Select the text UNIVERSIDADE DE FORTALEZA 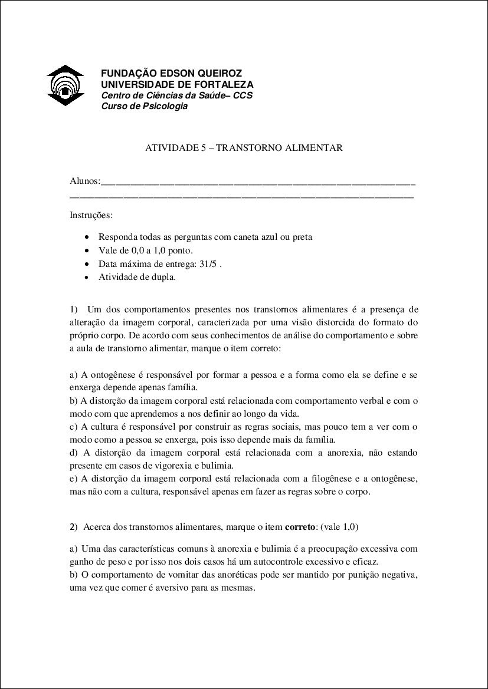click(177, 84)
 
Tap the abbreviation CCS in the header click(243, 95)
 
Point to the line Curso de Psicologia click(145, 106)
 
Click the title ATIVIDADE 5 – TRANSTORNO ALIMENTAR click(244, 147)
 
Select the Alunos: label click(85, 180)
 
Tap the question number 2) click(74, 526)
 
